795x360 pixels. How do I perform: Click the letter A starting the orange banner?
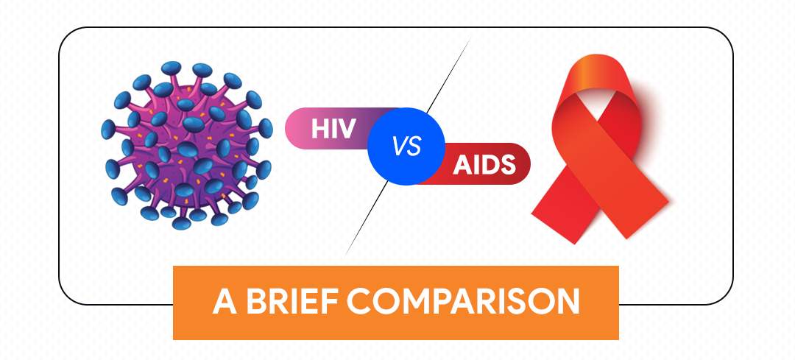[223, 303]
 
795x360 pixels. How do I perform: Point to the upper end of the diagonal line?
[469, 40]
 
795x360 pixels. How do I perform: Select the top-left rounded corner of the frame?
[67, 36]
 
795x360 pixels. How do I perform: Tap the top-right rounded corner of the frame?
[725, 36]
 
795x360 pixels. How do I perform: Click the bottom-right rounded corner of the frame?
[725, 295]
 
